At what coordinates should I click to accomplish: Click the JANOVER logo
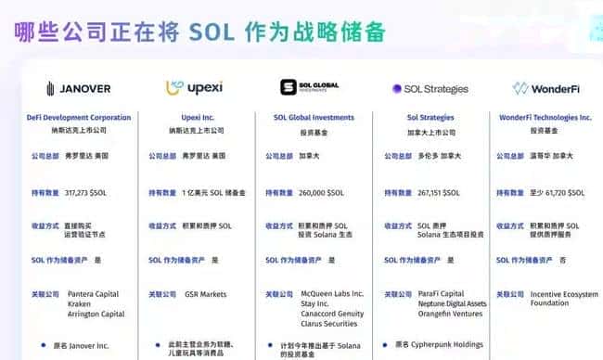pos(78,89)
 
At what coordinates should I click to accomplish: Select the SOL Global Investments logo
pos(309,88)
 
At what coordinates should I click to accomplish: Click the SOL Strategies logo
pos(430,89)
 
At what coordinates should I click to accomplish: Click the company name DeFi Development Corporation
pos(78,118)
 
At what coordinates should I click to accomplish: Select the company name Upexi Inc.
pos(196,118)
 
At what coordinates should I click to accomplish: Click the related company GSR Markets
pos(204,294)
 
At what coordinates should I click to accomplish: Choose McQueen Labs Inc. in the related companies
pos(332,294)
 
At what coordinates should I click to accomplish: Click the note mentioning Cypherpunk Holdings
pos(440,344)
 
